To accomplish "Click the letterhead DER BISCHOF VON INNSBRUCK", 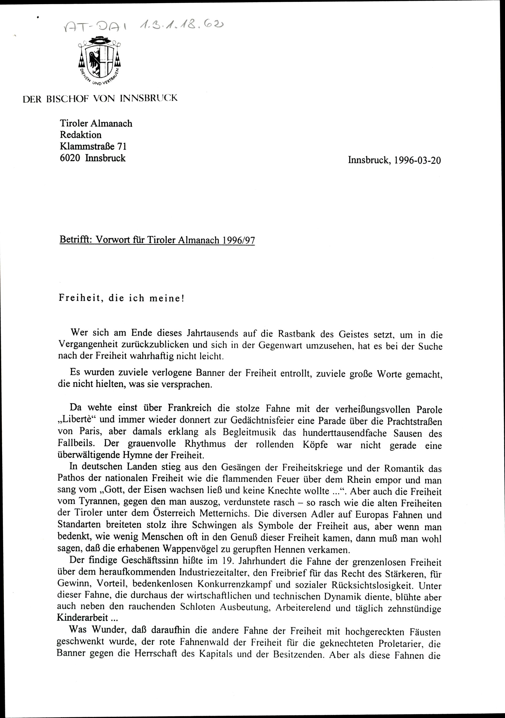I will click(x=100, y=98).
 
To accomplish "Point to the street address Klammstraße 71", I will click(x=93, y=146).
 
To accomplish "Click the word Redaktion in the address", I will click(x=81, y=135).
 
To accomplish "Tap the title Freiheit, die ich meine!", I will click(x=122, y=298).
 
